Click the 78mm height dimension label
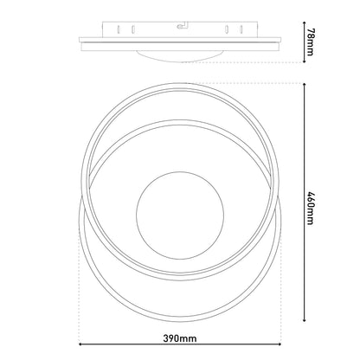point(310,42)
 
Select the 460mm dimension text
point(310,208)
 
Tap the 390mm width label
point(180,338)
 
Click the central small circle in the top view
point(180,215)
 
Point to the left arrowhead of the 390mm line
point(80,344)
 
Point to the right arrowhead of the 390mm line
point(280,344)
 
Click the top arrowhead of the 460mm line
point(304,85)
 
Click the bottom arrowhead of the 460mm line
point(304,319)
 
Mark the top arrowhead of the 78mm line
point(304,23)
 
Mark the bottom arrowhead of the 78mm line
point(304,61)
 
